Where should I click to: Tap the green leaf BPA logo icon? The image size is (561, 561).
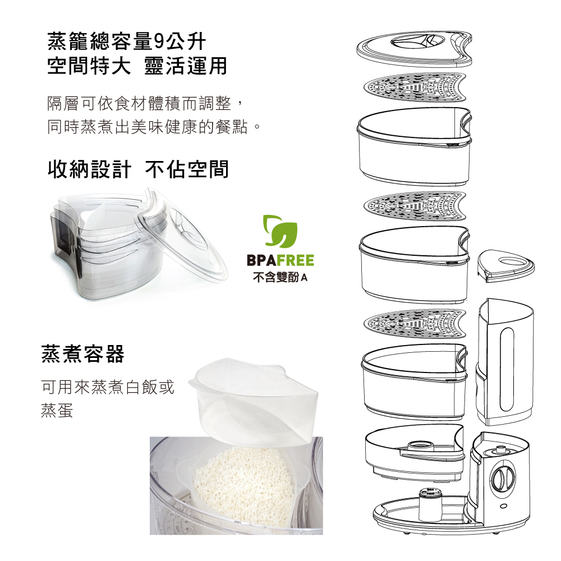280,231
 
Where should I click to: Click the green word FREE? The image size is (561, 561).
295,260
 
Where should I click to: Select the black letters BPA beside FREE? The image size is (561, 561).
261,260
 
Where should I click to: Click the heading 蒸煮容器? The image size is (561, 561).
82,353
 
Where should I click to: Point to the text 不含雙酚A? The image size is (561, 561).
280,277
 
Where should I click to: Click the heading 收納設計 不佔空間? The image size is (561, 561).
138,169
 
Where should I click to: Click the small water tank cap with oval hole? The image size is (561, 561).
505,266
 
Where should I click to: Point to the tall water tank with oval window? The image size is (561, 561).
505,361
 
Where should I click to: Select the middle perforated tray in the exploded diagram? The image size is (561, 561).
415,206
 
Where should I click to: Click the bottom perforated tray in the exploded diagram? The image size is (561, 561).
415,324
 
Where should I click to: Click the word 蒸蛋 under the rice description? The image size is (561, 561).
57,410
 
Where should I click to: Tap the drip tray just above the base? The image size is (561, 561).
415,453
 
